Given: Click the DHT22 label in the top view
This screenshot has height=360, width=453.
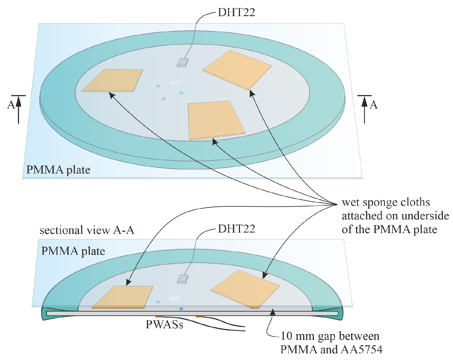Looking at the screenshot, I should coord(236,13).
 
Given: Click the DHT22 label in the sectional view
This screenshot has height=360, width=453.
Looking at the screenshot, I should coord(236,229).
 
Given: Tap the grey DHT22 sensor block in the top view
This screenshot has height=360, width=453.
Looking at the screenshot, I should coord(182,63).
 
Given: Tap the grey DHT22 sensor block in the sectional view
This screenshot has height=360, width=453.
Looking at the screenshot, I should coord(182,279).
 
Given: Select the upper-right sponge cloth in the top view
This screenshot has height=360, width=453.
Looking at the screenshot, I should coord(237,70).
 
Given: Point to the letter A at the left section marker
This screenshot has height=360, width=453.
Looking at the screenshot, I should coord(11,105).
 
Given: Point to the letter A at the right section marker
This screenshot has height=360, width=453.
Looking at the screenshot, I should coord(374,105).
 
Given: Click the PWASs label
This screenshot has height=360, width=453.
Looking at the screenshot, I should coord(164,325).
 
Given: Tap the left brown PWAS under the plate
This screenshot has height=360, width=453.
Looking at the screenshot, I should coord(159,317).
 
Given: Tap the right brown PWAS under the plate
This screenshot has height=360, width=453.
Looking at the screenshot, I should coord(199,317).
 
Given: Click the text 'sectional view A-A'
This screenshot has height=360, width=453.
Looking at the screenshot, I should coord(87,230).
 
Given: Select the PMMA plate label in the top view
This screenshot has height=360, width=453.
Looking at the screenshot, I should coord(58,170).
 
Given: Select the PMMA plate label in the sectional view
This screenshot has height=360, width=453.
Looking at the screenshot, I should coord(73,251).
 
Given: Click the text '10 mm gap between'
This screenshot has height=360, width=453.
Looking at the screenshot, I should coord(330,336).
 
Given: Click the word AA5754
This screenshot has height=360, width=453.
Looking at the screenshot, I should coord(359,350).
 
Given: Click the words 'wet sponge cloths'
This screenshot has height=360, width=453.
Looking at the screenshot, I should coord(386,203).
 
